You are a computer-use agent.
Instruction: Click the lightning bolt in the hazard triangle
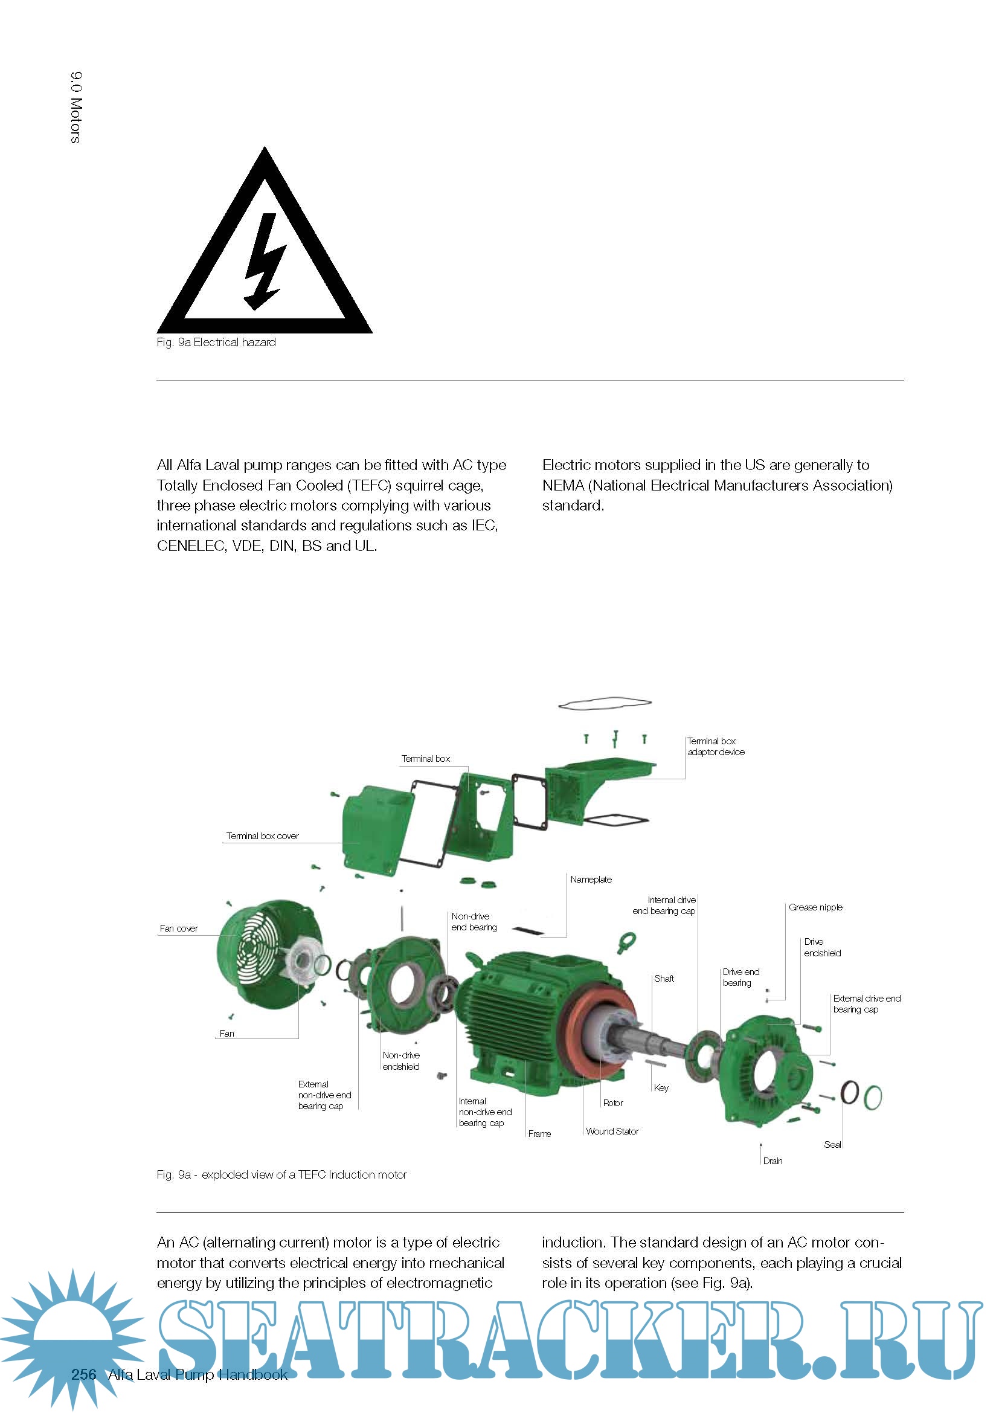[x=265, y=261]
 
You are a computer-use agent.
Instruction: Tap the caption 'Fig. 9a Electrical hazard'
[x=216, y=342]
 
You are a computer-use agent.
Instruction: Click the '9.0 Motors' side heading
[x=75, y=108]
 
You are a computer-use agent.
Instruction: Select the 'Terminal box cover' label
[x=262, y=835]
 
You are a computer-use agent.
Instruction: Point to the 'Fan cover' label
[x=178, y=928]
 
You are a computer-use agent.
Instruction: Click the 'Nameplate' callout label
[x=591, y=880]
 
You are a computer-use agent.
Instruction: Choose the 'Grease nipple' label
[x=815, y=907]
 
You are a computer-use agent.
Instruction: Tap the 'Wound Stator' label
[x=612, y=1131]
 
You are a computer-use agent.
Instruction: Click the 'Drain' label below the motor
[x=773, y=1160]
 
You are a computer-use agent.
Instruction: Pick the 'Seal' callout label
[x=832, y=1144]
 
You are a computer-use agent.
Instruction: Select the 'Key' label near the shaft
[x=661, y=1087]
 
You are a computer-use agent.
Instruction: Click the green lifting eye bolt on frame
[x=626, y=942]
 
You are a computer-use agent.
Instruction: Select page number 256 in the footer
[x=84, y=1375]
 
